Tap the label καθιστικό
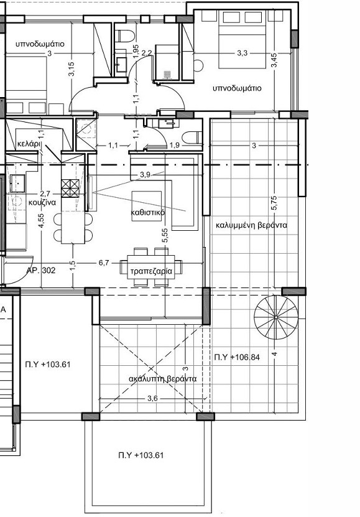click(147, 213)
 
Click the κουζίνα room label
click(43, 203)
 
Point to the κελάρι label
click(29, 142)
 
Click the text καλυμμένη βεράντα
click(251, 225)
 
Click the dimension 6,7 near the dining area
click(103, 263)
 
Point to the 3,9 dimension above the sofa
click(145, 174)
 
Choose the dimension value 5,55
click(164, 235)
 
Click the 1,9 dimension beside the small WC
click(175, 145)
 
